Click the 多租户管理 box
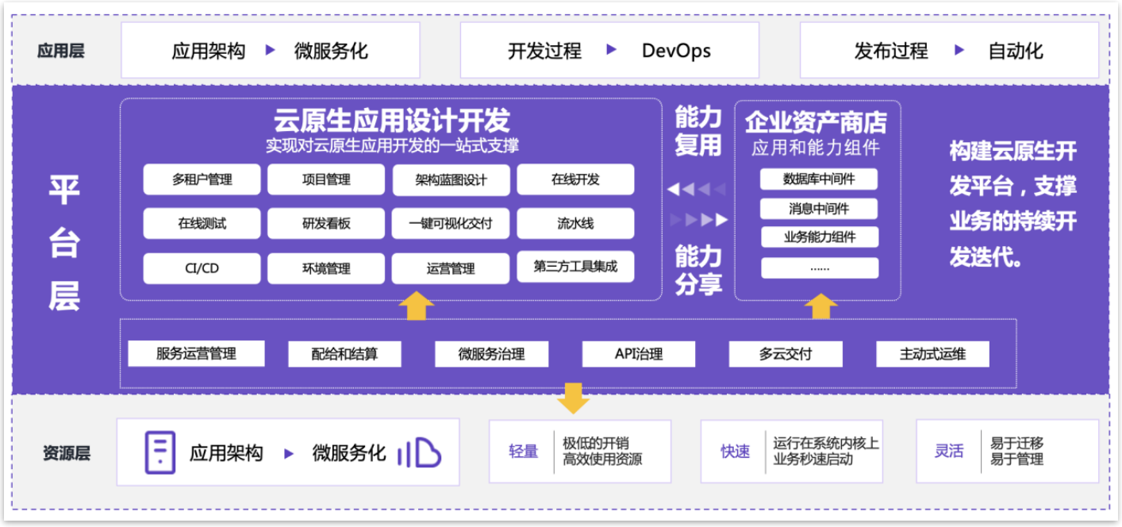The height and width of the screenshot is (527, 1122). pyautogui.click(x=202, y=179)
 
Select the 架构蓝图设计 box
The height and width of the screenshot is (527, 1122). pyautogui.click(x=451, y=180)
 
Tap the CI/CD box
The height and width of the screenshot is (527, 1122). pyautogui.click(x=202, y=268)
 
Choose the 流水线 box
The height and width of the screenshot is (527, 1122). pyautogui.click(x=575, y=224)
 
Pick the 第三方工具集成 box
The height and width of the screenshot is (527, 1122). pyautogui.click(x=575, y=267)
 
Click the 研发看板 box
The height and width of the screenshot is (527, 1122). pyautogui.click(x=326, y=224)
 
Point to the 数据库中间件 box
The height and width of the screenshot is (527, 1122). pyautogui.click(x=819, y=179)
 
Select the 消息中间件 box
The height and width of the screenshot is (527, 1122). pyautogui.click(x=819, y=209)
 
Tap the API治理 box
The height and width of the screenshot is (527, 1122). pyautogui.click(x=639, y=354)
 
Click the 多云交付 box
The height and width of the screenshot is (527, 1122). pyautogui.click(x=786, y=354)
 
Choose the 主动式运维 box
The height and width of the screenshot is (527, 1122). pyautogui.click(x=932, y=354)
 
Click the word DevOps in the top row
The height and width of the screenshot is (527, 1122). pyautogui.click(x=676, y=51)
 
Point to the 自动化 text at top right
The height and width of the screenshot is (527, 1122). pyautogui.click(x=1016, y=52)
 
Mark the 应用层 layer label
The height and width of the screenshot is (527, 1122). pyautogui.click(x=61, y=52)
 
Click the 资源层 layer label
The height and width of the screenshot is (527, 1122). pyautogui.click(x=66, y=453)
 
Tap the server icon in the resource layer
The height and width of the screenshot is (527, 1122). pyautogui.click(x=159, y=452)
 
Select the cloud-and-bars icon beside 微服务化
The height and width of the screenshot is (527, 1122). pyautogui.click(x=419, y=452)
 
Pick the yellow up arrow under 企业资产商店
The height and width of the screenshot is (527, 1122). pyautogui.click(x=820, y=306)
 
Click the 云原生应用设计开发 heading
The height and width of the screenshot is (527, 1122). pyautogui.click(x=391, y=121)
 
